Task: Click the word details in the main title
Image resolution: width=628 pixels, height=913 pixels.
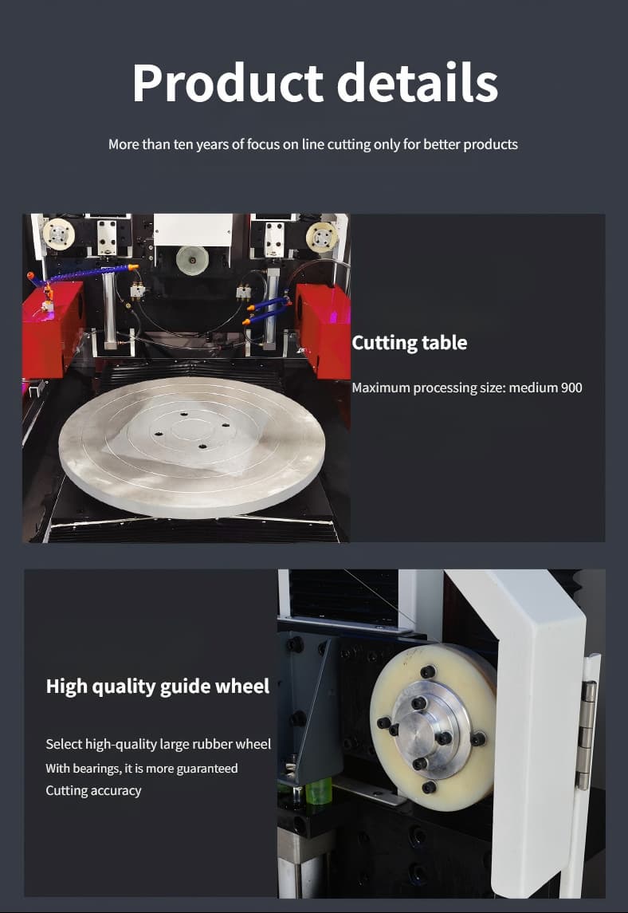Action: tap(417, 82)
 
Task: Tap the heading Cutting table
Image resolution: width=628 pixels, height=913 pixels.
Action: tap(409, 343)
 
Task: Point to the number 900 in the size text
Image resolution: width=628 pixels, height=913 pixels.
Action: tap(571, 388)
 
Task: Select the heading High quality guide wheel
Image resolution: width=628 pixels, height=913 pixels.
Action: tap(158, 687)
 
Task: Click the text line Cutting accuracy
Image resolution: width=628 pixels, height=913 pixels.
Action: tap(94, 791)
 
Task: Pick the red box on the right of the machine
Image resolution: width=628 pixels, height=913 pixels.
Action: tap(324, 329)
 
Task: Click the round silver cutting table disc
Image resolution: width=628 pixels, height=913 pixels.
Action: tap(191, 447)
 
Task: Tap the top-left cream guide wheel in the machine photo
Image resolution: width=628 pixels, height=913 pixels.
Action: tap(59, 234)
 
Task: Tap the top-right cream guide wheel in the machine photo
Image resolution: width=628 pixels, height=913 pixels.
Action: tap(322, 237)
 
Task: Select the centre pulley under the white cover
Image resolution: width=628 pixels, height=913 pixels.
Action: tap(192, 260)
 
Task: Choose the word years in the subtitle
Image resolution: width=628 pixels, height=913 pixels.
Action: tap(213, 145)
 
